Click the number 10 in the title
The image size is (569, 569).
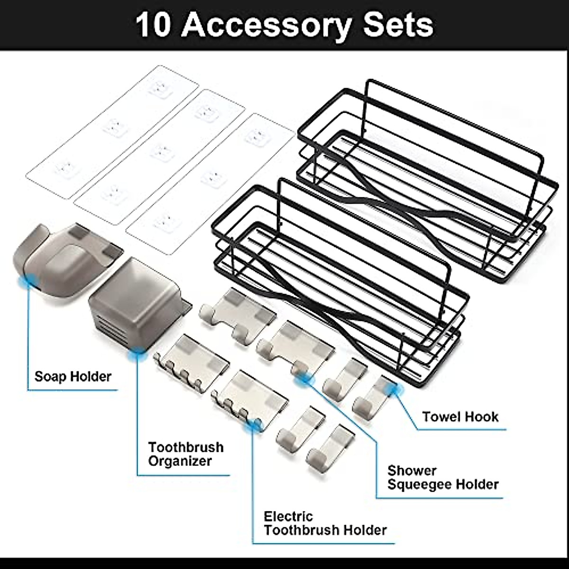[153, 25]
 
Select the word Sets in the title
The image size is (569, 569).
[397, 25]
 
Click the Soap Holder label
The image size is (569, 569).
[73, 377]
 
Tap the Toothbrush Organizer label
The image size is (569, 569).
[185, 454]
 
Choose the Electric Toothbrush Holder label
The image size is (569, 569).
[325, 523]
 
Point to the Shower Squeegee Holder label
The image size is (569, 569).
[443, 477]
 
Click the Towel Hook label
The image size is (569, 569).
[460, 417]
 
